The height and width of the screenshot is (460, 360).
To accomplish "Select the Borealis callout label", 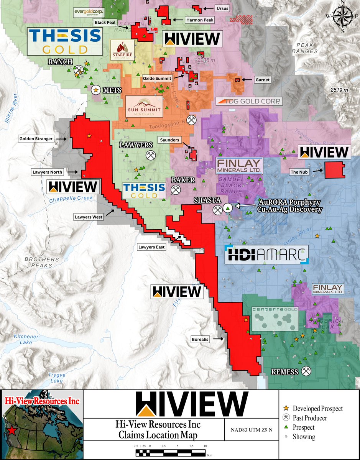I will (201, 339).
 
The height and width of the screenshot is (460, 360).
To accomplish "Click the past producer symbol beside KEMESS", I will (306, 371).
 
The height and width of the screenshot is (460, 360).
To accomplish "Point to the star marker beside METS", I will (95, 90).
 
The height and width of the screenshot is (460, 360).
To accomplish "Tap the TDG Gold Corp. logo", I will (249, 102).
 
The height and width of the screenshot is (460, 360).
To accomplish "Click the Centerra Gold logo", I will (275, 314).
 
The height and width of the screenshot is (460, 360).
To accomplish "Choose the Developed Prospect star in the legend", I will (286, 409).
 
